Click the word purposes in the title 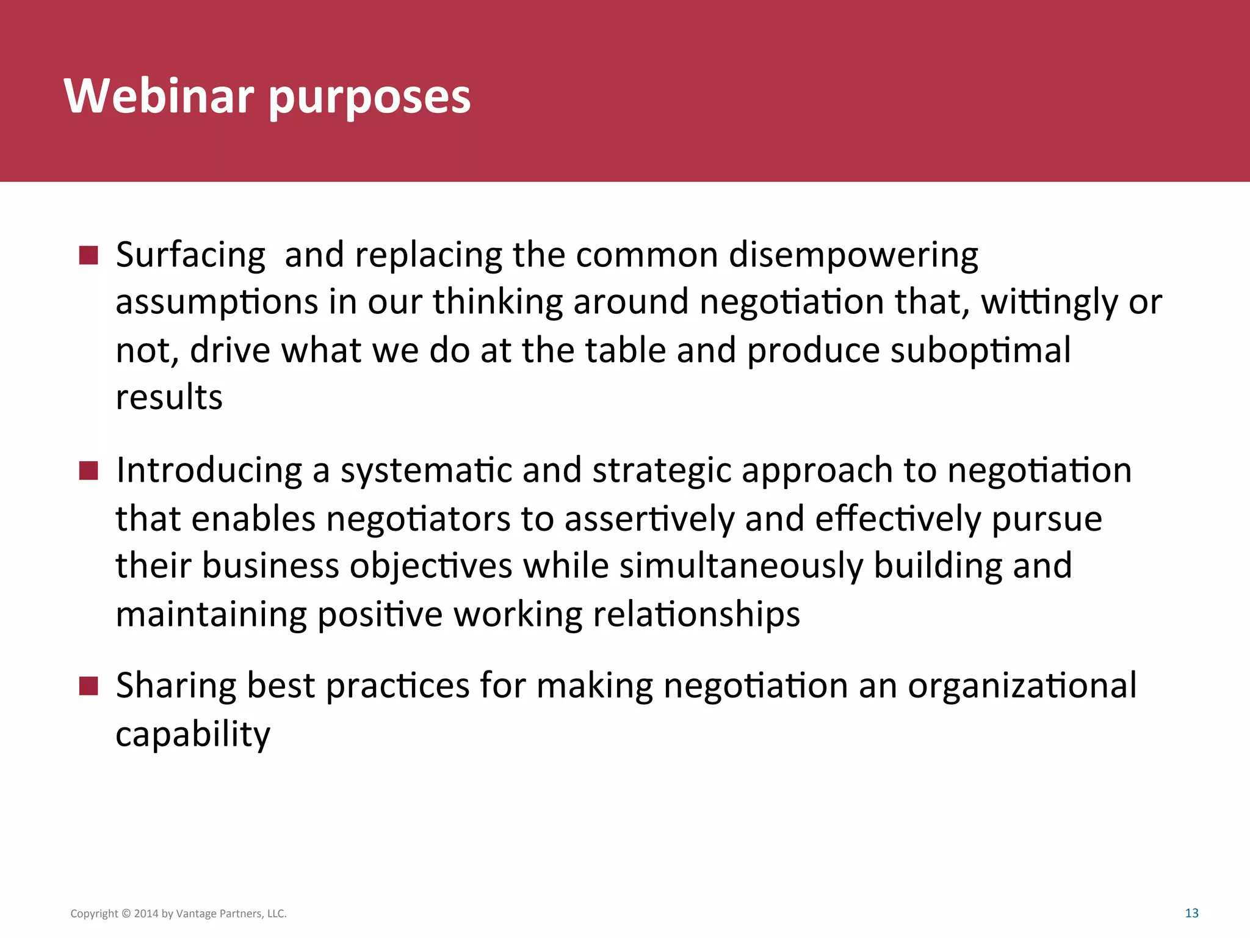pos(369,98)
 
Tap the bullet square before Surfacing pos(89,255)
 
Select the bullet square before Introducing pos(89,471)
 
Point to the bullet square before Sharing pos(89,686)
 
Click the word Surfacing pos(190,255)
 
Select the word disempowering pos(853,255)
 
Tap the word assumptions pos(217,302)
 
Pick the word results pos(169,398)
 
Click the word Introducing pos(209,471)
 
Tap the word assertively pos(649,519)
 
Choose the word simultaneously pos(741,566)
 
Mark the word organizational pos(1022,686)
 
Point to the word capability pos(193,734)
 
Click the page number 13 pos(1191,913)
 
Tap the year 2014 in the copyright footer pos(146,914)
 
